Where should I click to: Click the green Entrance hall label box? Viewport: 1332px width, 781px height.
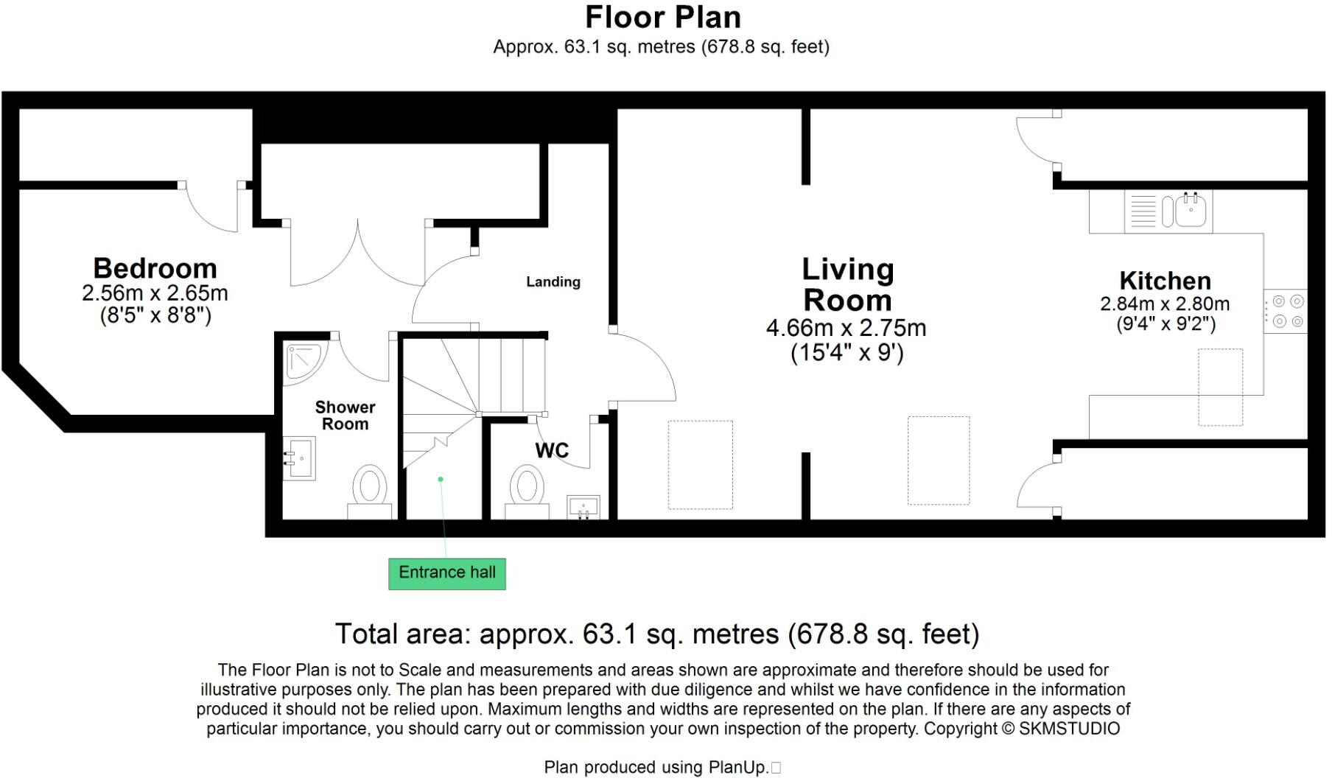[x=446, y=573]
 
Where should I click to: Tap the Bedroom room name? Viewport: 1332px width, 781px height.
[x=155, y=268]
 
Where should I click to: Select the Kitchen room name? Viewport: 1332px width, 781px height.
[x=1165, y=281]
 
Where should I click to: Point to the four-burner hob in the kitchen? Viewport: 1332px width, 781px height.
[x=1286, y=311]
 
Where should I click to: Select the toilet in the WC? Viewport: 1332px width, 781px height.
[x=527, y=490]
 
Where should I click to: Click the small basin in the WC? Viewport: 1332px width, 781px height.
[x=583, y=508]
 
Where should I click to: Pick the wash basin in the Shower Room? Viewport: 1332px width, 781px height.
[x=300, y=458]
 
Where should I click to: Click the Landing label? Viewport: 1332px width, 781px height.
[x=553, y=281]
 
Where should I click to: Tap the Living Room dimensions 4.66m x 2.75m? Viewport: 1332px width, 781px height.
[x=846, y=328]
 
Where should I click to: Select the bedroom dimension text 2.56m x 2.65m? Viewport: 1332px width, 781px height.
[x=155, y=293]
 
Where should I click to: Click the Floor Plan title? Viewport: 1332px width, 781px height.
[x=662, y=17]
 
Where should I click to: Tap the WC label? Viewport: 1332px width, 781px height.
[x=552, y=450]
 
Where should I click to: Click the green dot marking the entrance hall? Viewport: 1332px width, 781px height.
[x=441, y=479]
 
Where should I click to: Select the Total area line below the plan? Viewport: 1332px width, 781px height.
[x=656, y=634]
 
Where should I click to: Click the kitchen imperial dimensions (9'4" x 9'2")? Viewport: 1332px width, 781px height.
[x=1165, y=323]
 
